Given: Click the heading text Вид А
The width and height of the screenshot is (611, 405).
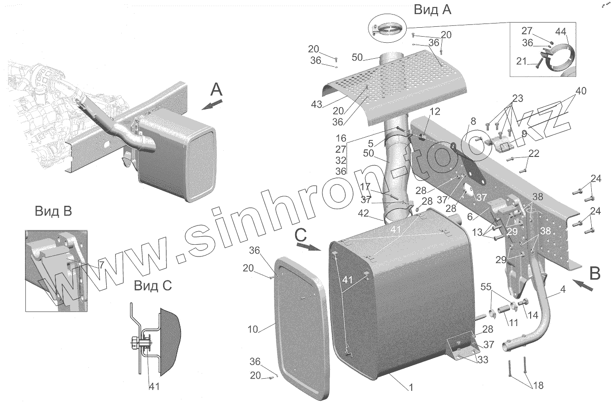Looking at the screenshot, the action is [432, 10].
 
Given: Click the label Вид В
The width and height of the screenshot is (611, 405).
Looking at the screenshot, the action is [54, 211].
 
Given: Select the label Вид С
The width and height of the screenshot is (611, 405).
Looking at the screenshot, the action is [153, 285].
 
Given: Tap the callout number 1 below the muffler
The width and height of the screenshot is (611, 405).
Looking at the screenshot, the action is [411, 388].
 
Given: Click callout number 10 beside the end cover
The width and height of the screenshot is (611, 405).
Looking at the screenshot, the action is [253, 329].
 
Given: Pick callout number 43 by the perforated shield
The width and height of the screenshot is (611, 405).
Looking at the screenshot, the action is [316, 104].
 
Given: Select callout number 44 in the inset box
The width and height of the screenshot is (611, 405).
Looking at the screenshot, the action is [560, 31].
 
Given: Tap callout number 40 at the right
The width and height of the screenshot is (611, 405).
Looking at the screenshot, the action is [580, 91].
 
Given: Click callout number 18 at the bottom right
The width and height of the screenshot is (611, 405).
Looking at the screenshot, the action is [538, 386].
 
